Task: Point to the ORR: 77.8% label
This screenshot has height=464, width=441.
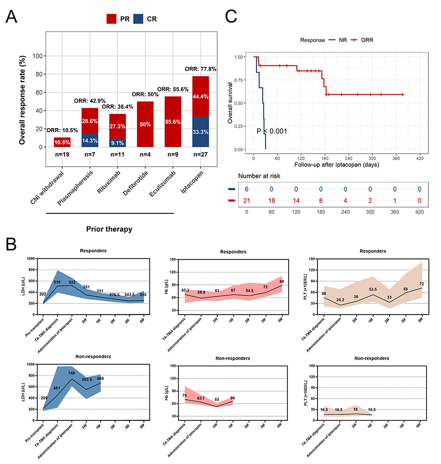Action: [188, 69]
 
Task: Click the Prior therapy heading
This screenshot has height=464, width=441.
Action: [110, 228]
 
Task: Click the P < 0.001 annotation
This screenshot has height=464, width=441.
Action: [272, 132]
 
